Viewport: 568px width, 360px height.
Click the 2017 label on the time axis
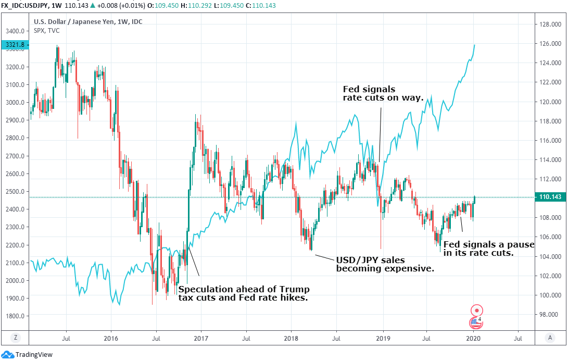click(201, 338)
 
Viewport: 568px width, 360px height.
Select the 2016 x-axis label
click(110, 338)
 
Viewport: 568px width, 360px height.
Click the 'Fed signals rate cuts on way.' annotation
click(383, 93)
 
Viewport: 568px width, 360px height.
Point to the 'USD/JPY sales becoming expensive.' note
click(385, 264)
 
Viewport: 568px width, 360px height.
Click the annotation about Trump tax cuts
click(244, 293)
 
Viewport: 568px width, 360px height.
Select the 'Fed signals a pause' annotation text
click(488, 249)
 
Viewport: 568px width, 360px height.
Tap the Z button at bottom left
click(16, 338)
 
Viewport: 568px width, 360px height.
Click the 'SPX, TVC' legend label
click(47, 31)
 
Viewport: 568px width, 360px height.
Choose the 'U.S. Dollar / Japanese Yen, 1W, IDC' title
click(88, 22)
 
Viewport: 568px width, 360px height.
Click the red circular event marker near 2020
click(476, 309)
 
